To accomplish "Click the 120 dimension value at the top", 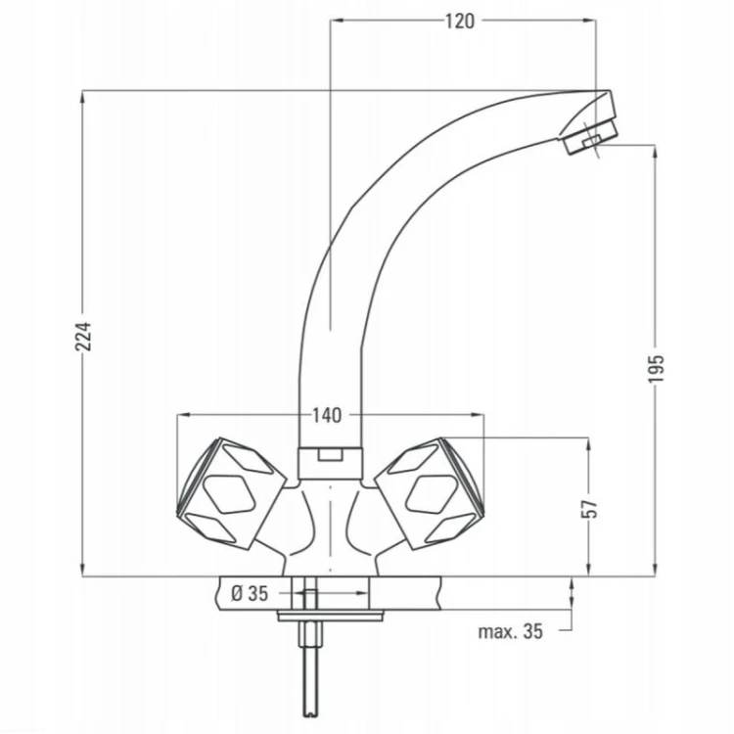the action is pyautogui.click(x=459, y=22).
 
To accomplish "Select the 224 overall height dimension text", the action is pyautogui.click(x=84, y=337).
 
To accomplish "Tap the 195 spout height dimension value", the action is pyautogui.click(x=656, y=369).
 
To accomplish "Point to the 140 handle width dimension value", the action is pyautogui.click(x=327, y=415).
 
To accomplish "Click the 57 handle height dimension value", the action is pyautogui.click(x=589, y=509).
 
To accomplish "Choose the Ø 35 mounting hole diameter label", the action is pyautogui.click(x=250, y=594).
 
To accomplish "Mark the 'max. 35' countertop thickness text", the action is pyautogui.click(x=510, y=631).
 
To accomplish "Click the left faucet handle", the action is pyautogui.click(x=231, y=493).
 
